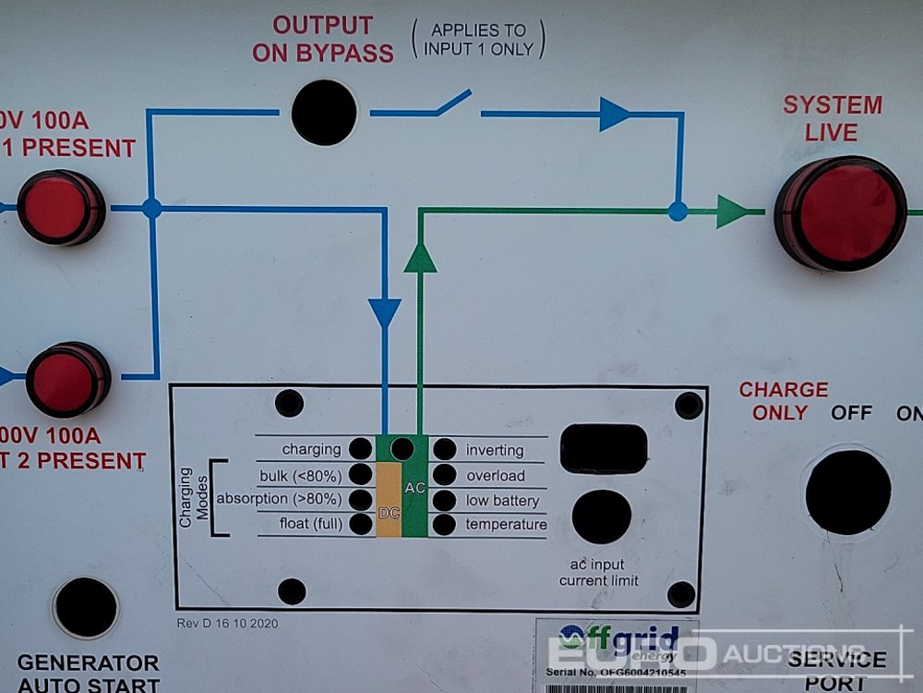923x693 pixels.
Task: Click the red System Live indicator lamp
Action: click(x=841, y=213)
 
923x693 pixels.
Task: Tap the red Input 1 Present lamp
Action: click(x=60, y=207)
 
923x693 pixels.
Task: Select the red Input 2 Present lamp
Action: click(x=66, y=379)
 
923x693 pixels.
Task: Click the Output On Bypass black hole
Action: click(x=324, y=113)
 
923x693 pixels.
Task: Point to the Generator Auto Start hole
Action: click(x=85, y=607)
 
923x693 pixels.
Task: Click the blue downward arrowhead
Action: click(x=385, y=312)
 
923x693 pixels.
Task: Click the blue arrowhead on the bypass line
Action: click(x=614, y=114)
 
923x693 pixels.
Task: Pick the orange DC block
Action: click(x=389, y=499)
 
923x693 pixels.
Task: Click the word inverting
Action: click(x=495, y=450)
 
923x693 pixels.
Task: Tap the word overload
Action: click(x=495, y=476)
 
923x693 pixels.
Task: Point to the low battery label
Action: click(x=502, y=501)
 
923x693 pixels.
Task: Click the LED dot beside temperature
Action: click(x=445, y=525)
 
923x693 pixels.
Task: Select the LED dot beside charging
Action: click(x=360, y=449)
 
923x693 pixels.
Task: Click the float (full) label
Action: click(x=311, y=525)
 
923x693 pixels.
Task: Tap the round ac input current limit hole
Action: click(x=602, y=517)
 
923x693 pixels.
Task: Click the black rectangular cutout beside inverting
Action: click(x=604, y=449)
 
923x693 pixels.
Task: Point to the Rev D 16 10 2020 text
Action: click(x=227, y=623)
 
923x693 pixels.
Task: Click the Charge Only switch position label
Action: click(x=784, y=401)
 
